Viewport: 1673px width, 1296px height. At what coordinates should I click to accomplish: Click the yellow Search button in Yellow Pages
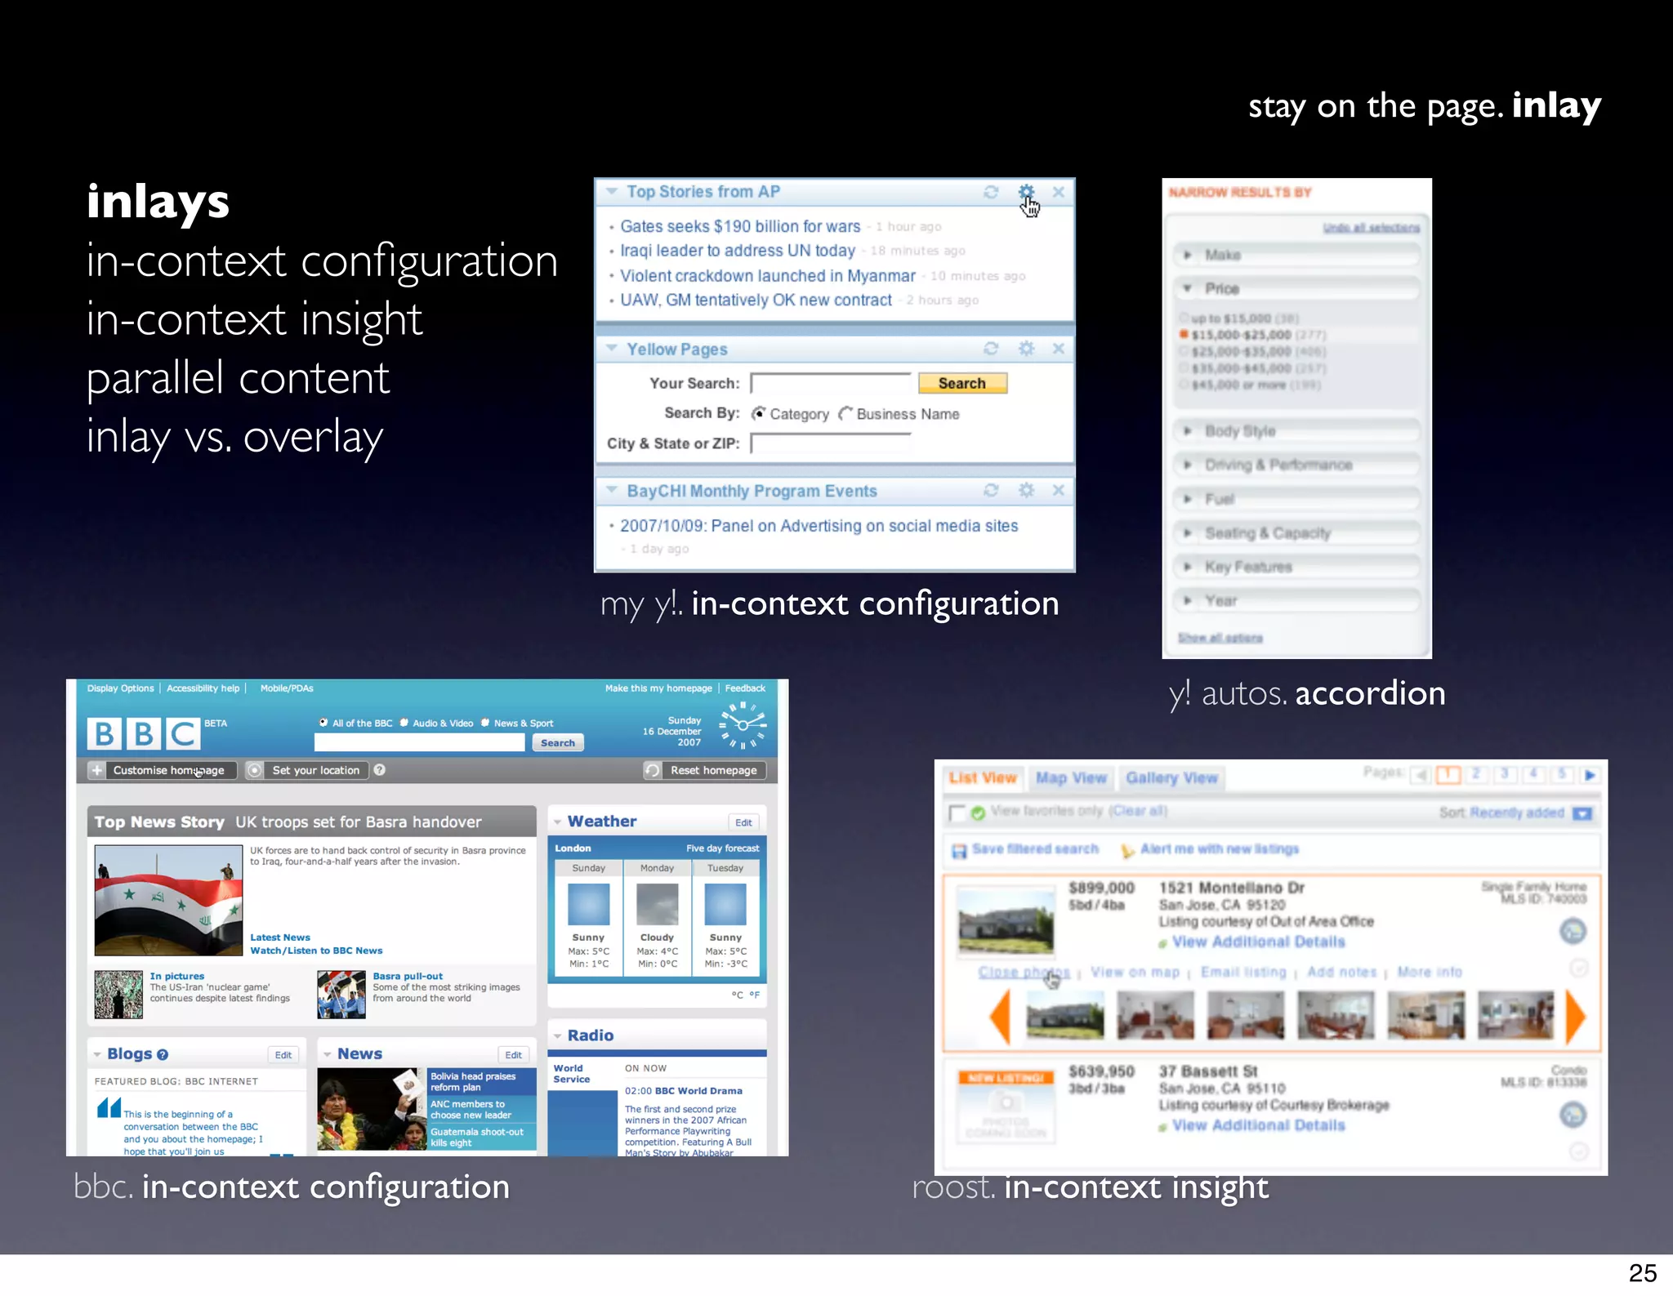[961, 383]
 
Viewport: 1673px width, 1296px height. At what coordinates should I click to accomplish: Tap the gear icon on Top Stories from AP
[1026, 192]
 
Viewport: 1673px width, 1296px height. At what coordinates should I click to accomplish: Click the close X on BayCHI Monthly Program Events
[1058, 490]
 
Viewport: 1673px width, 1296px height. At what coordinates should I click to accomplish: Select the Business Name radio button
[845, 414]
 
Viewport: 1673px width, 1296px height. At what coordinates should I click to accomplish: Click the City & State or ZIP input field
[829, 443]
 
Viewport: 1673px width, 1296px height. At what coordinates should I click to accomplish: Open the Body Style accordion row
[1296, 431]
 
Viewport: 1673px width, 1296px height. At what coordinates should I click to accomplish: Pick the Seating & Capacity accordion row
[1296, 533]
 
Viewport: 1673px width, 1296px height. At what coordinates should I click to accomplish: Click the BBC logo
[144, 733]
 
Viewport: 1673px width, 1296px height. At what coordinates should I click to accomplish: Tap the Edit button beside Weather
[743, 822]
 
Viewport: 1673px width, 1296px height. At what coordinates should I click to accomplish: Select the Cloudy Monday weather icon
[657, 905]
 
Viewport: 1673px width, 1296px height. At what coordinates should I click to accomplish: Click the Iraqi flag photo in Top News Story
[168, 900]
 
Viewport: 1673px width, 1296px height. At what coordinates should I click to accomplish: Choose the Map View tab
[1071, 778]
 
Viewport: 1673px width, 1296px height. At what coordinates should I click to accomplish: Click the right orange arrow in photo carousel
[1575, 1017]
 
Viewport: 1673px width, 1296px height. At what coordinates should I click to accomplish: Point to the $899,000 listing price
[1101, 888]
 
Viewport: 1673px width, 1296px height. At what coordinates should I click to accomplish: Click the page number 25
[1642, 1273]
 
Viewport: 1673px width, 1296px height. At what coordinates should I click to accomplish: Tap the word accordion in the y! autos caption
[1370, 693]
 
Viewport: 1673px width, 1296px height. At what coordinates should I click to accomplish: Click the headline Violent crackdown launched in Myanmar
[767, 276]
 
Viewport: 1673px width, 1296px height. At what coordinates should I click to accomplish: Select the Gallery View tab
[1171, 778]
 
